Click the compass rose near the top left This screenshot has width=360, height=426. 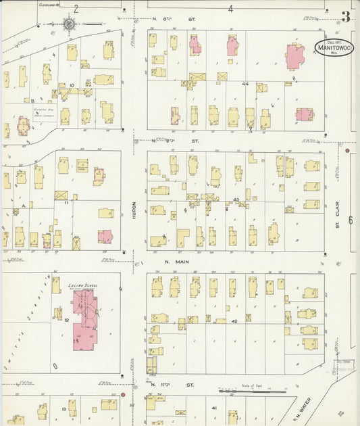pos(70,24)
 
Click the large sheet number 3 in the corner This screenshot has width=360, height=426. pos(345,17)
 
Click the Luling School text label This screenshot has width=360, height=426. pos(84,286)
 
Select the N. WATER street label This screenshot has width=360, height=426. pos(301,407)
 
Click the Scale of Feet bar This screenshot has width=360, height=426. pos(253,391)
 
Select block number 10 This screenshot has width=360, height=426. pos(72,85)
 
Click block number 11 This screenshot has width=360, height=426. pos(66,202)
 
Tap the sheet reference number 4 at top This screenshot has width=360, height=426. pos(230,9)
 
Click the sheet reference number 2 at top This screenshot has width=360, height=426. pos(76,9)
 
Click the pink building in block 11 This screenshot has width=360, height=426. pos(105,236)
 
